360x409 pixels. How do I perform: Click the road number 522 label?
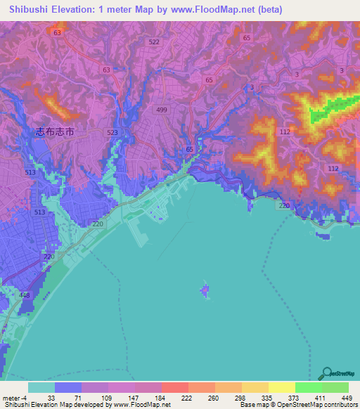154,43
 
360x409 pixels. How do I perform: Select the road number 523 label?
112,132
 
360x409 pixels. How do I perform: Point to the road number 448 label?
25,295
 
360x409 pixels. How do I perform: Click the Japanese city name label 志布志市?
54,131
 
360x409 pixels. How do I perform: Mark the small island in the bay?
205,290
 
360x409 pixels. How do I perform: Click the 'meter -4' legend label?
14,397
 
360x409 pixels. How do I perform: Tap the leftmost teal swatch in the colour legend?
41,387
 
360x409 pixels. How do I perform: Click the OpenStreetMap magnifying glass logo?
326,373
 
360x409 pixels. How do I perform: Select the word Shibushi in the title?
25,8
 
